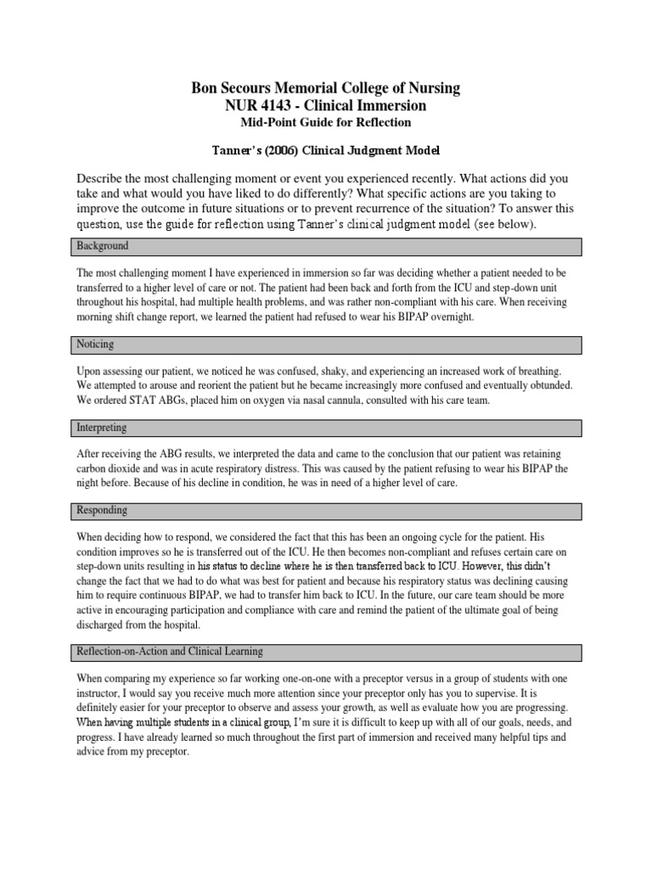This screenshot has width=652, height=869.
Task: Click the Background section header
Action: pyautogui.click(x=103, y=246)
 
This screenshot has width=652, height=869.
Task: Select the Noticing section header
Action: pyautogui.click(x=95, y=345)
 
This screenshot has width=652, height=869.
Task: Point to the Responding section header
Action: pyautogui.click(x=103, y=511)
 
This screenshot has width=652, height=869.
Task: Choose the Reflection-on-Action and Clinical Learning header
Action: pyautogui.click(x=170, y=652)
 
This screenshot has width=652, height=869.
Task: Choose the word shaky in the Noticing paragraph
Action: pyautogui.click(x=302, y=372)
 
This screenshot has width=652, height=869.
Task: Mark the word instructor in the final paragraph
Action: pyautogui.click(x=100, y=692)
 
